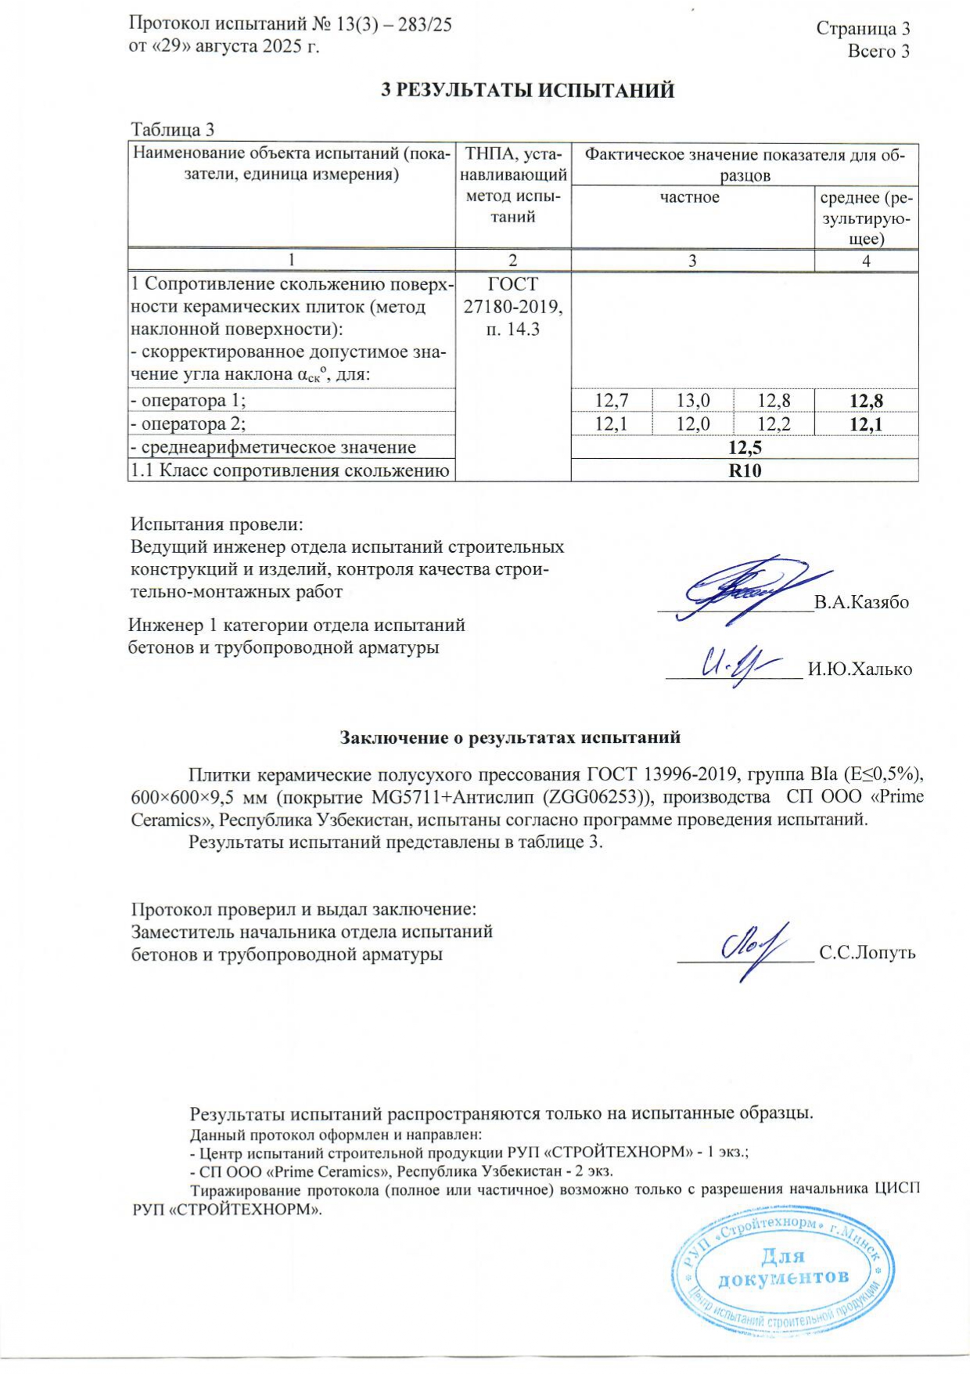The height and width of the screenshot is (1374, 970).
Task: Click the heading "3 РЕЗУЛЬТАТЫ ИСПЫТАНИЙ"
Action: click(x=527, y=91)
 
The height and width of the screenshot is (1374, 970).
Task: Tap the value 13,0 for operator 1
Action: click(x=693, y=401)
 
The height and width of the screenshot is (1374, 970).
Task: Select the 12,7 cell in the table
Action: click(x=612, y=401)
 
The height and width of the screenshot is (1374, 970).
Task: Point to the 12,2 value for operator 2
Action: click(x=774, y=424)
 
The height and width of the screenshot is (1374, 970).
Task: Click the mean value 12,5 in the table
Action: click(x=745, y=448)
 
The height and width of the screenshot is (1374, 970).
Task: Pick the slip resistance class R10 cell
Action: click(x=745, y=471)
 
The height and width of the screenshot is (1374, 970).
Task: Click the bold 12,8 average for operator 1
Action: click(x=866, y=402)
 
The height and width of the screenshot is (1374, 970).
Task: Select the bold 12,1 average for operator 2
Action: click(x=866, y=425)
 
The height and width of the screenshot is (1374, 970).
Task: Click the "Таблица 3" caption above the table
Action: click(x=172, y=130)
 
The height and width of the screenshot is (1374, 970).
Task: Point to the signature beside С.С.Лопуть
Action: click(x=755, y=948)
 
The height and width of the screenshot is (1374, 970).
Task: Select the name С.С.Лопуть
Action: click(x=867, y=953)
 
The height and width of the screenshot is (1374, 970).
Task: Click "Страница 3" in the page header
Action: click(x=863, y=29)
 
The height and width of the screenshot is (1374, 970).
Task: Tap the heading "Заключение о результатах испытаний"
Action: click(x=509, y=737)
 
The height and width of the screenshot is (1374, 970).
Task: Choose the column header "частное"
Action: click(x=689, y=197)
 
